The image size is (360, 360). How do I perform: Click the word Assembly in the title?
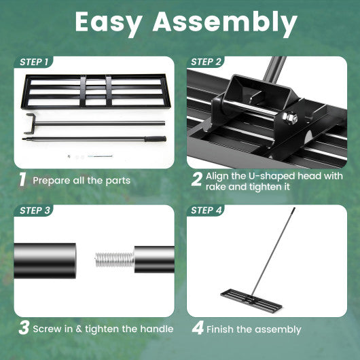[x=225, y=23]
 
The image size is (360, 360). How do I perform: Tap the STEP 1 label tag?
[x=34, y=62]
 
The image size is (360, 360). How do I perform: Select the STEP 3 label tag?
[x=35, y=211]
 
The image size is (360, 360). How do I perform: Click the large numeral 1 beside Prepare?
[x=22, y=180]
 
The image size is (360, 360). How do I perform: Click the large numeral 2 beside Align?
[x=196, y=180]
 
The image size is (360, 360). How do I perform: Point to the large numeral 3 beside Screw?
[x=23, y=329]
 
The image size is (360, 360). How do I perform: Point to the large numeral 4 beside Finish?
[x=198, y=329]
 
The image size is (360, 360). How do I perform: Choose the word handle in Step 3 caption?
[x=153, y=329]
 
